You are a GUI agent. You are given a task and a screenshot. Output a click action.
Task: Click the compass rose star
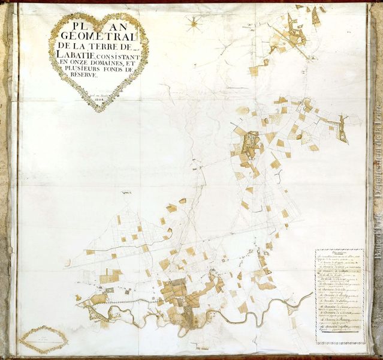(194, 24)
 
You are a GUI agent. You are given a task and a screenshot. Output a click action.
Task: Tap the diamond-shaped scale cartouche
(43, 339)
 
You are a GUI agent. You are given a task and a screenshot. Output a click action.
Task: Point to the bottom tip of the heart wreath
(99, 111)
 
